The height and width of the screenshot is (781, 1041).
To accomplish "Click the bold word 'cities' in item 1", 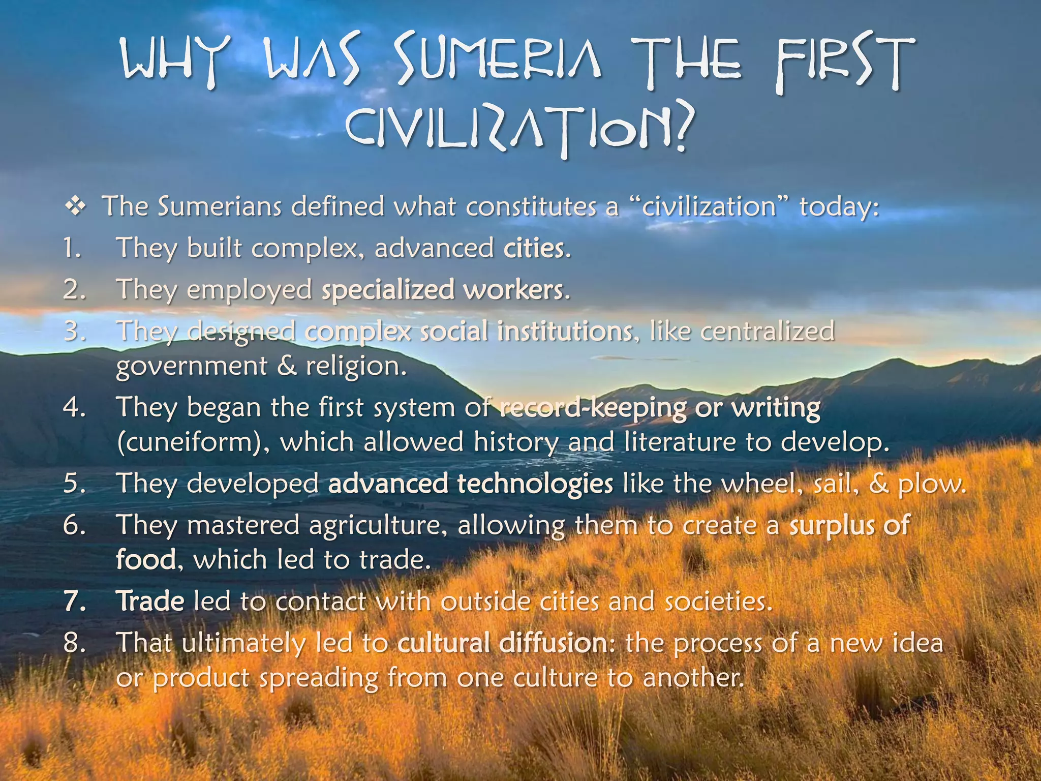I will click(x=534, y=248).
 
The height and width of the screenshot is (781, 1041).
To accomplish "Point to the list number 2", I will click(x=74, y=289).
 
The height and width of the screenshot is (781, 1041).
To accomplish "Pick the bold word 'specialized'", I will click(x=388, y=290).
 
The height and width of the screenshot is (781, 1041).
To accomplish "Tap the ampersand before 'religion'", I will click(x=287, y=366).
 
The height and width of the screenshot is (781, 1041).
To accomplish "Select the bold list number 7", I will click(x=75, y=602).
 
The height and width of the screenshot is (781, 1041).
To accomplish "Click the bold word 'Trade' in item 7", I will click(x=150, y=602).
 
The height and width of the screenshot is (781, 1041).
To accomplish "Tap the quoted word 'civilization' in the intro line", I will click(x=710, y=207).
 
